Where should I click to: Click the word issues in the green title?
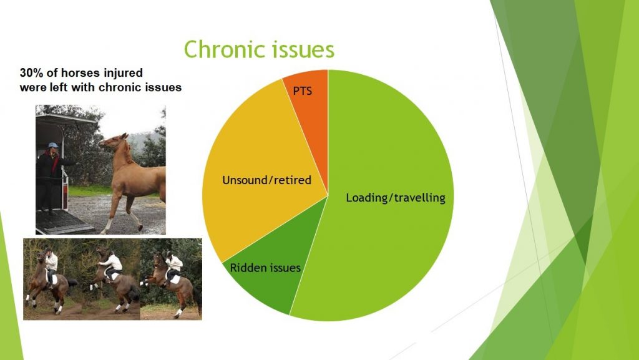[298, 49]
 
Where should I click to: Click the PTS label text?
[303, 90]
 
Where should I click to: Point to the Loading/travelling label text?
[396, 198]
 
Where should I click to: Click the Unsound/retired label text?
[266, 180]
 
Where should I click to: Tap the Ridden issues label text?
[265, 268]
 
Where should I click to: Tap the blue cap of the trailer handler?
[53, 145]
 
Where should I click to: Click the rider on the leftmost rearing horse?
[51, 265]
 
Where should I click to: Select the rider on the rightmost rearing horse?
[173, 267]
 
